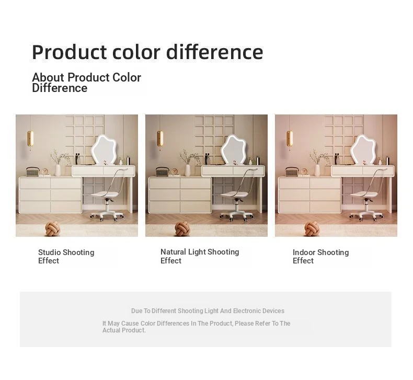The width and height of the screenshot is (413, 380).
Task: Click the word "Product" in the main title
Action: click(x=70, y=52)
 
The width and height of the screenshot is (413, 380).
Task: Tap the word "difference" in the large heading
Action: click(x=215, y=52)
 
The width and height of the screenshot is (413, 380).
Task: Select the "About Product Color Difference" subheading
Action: click(x=86, y=83)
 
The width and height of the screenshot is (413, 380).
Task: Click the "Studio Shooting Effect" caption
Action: click(x=66, y=257)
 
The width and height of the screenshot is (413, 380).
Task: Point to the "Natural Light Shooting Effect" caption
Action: click(x=200, y=256)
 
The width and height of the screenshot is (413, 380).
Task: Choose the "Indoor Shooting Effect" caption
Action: click(x=320, y=257)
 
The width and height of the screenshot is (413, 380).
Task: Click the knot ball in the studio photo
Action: click(x=52, y=228)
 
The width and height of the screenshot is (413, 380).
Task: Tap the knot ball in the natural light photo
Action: click(x=182, y=228)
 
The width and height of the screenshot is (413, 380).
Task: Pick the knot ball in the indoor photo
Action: click(x=312, y=228)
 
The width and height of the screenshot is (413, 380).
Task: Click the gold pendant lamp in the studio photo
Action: click(x=30, y=139)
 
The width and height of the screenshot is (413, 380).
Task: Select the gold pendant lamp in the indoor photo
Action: click(x=290, y=139)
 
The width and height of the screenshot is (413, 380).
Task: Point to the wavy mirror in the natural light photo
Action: click(x=233, y=149)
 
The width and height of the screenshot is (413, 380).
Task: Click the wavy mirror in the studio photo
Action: click(x=104, y=149)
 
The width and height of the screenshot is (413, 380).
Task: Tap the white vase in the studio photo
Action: click(x=58, y=170)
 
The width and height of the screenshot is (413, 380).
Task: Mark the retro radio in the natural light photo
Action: click(x=162, y=171)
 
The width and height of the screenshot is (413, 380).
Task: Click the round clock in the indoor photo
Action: click(x=304, y=171)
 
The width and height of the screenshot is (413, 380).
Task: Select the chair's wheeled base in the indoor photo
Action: click(x=366, y=215)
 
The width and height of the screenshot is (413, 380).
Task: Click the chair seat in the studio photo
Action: click(x=105, y=194)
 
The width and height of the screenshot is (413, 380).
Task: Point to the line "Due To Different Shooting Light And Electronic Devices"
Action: click(x=208, y=311)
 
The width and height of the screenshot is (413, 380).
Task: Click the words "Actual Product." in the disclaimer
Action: click(x=124, y=330)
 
